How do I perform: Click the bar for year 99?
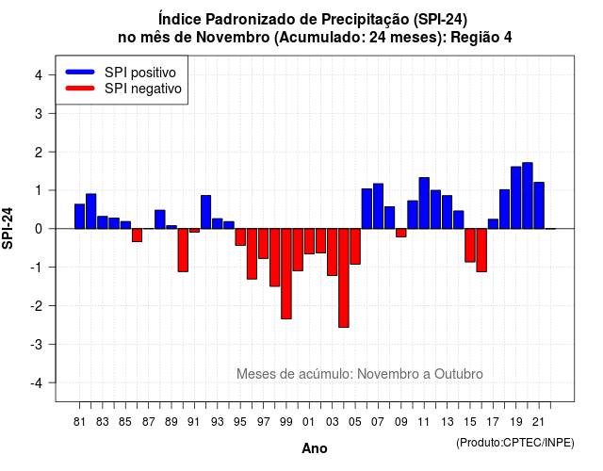coord(286,274)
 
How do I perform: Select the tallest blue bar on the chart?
coord(528,196)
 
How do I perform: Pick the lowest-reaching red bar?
coord(344,278)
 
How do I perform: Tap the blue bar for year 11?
coord(424,203)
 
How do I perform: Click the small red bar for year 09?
coord(401,233)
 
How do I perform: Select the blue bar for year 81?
coord(79,217)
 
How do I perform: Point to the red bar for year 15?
coord(470,245)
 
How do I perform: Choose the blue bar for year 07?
coord(378,206)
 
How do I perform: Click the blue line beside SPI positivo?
coord(80,72)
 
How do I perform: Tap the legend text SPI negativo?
coord(143,89)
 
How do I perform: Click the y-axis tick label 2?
coord(39,153)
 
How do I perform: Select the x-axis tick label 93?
coord(218,422)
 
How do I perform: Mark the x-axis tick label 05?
coord(355,422)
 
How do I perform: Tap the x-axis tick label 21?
coord(538,422)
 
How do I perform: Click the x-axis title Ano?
coord(315,448)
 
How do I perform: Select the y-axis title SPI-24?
coord(8,228)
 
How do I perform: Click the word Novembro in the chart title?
coord(233,38)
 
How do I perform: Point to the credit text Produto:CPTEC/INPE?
coord(515,443)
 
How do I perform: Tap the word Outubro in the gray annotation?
coord(459,374)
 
